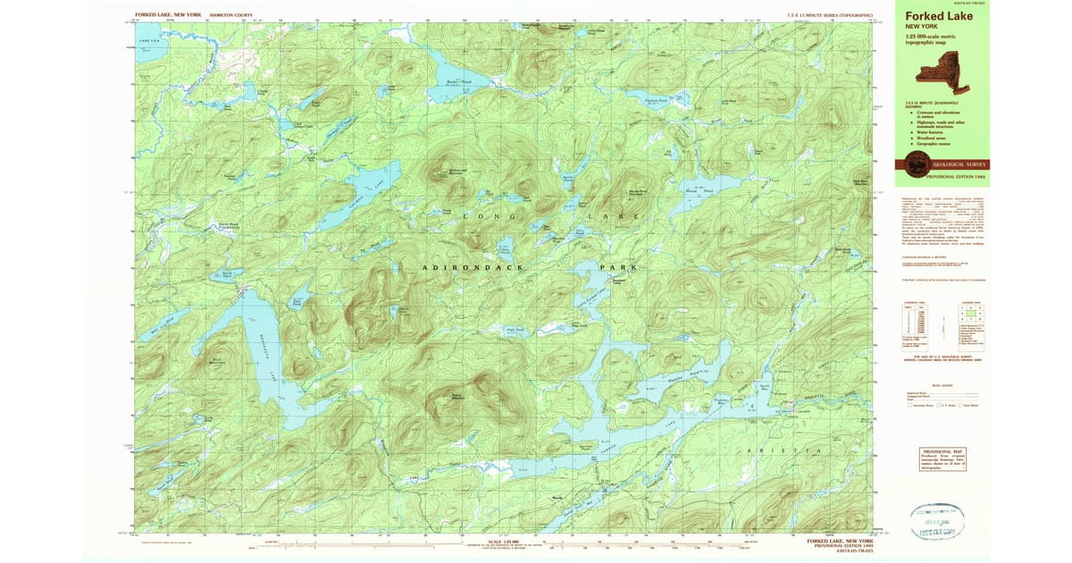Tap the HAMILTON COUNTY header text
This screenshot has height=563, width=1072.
click(230, 16)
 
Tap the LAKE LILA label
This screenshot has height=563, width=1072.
click(147, 41)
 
